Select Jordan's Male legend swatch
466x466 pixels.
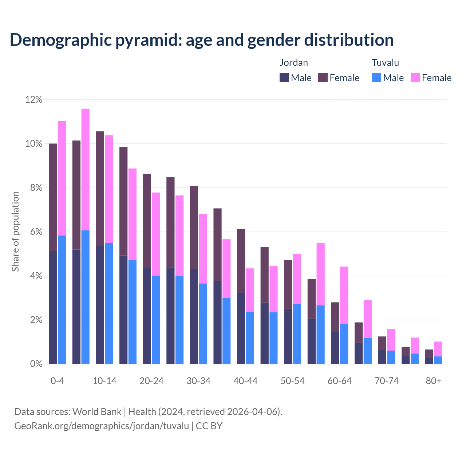coord(284,78)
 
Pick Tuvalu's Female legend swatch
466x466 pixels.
coord(415,78)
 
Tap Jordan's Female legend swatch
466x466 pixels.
coord(323,78)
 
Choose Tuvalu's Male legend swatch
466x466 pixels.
coord(376,78)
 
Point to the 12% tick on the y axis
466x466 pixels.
coord(34,99)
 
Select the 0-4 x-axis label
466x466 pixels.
coord(57,381)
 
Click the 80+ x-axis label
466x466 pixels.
coord(434,381)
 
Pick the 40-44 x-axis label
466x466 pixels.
coord(245,381)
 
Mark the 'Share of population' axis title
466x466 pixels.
coord(15,232)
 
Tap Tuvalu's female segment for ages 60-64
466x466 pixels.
coord(344,295)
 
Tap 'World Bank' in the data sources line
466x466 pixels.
coord(97,412)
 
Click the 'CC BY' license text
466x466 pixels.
coord(209,426)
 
